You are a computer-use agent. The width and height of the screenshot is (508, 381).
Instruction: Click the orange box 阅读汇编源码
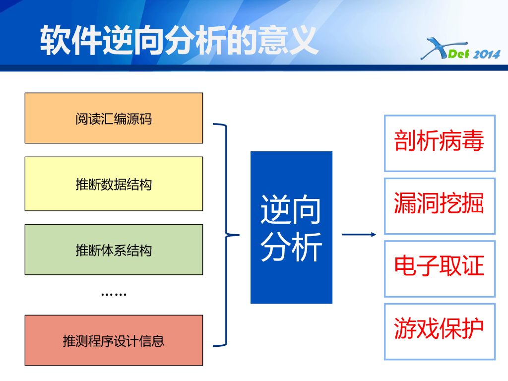pos(114,118)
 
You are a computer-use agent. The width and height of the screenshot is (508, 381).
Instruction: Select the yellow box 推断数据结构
pos(114,184)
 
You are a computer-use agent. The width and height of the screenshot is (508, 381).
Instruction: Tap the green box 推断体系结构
pos(114,250)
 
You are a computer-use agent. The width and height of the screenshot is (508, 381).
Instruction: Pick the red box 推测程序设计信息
pos(114,340)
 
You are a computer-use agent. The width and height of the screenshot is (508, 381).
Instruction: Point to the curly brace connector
pos(226,235)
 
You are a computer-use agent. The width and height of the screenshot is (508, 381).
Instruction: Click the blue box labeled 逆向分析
pos(291,227)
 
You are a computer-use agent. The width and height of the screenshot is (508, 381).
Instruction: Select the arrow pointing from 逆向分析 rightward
pos(359,234)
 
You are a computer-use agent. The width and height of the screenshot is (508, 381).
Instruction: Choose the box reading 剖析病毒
pos(440,143)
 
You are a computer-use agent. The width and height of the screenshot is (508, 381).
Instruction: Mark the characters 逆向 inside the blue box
pos(291,209)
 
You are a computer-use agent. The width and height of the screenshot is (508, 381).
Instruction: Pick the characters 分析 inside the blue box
pos(291,246)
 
